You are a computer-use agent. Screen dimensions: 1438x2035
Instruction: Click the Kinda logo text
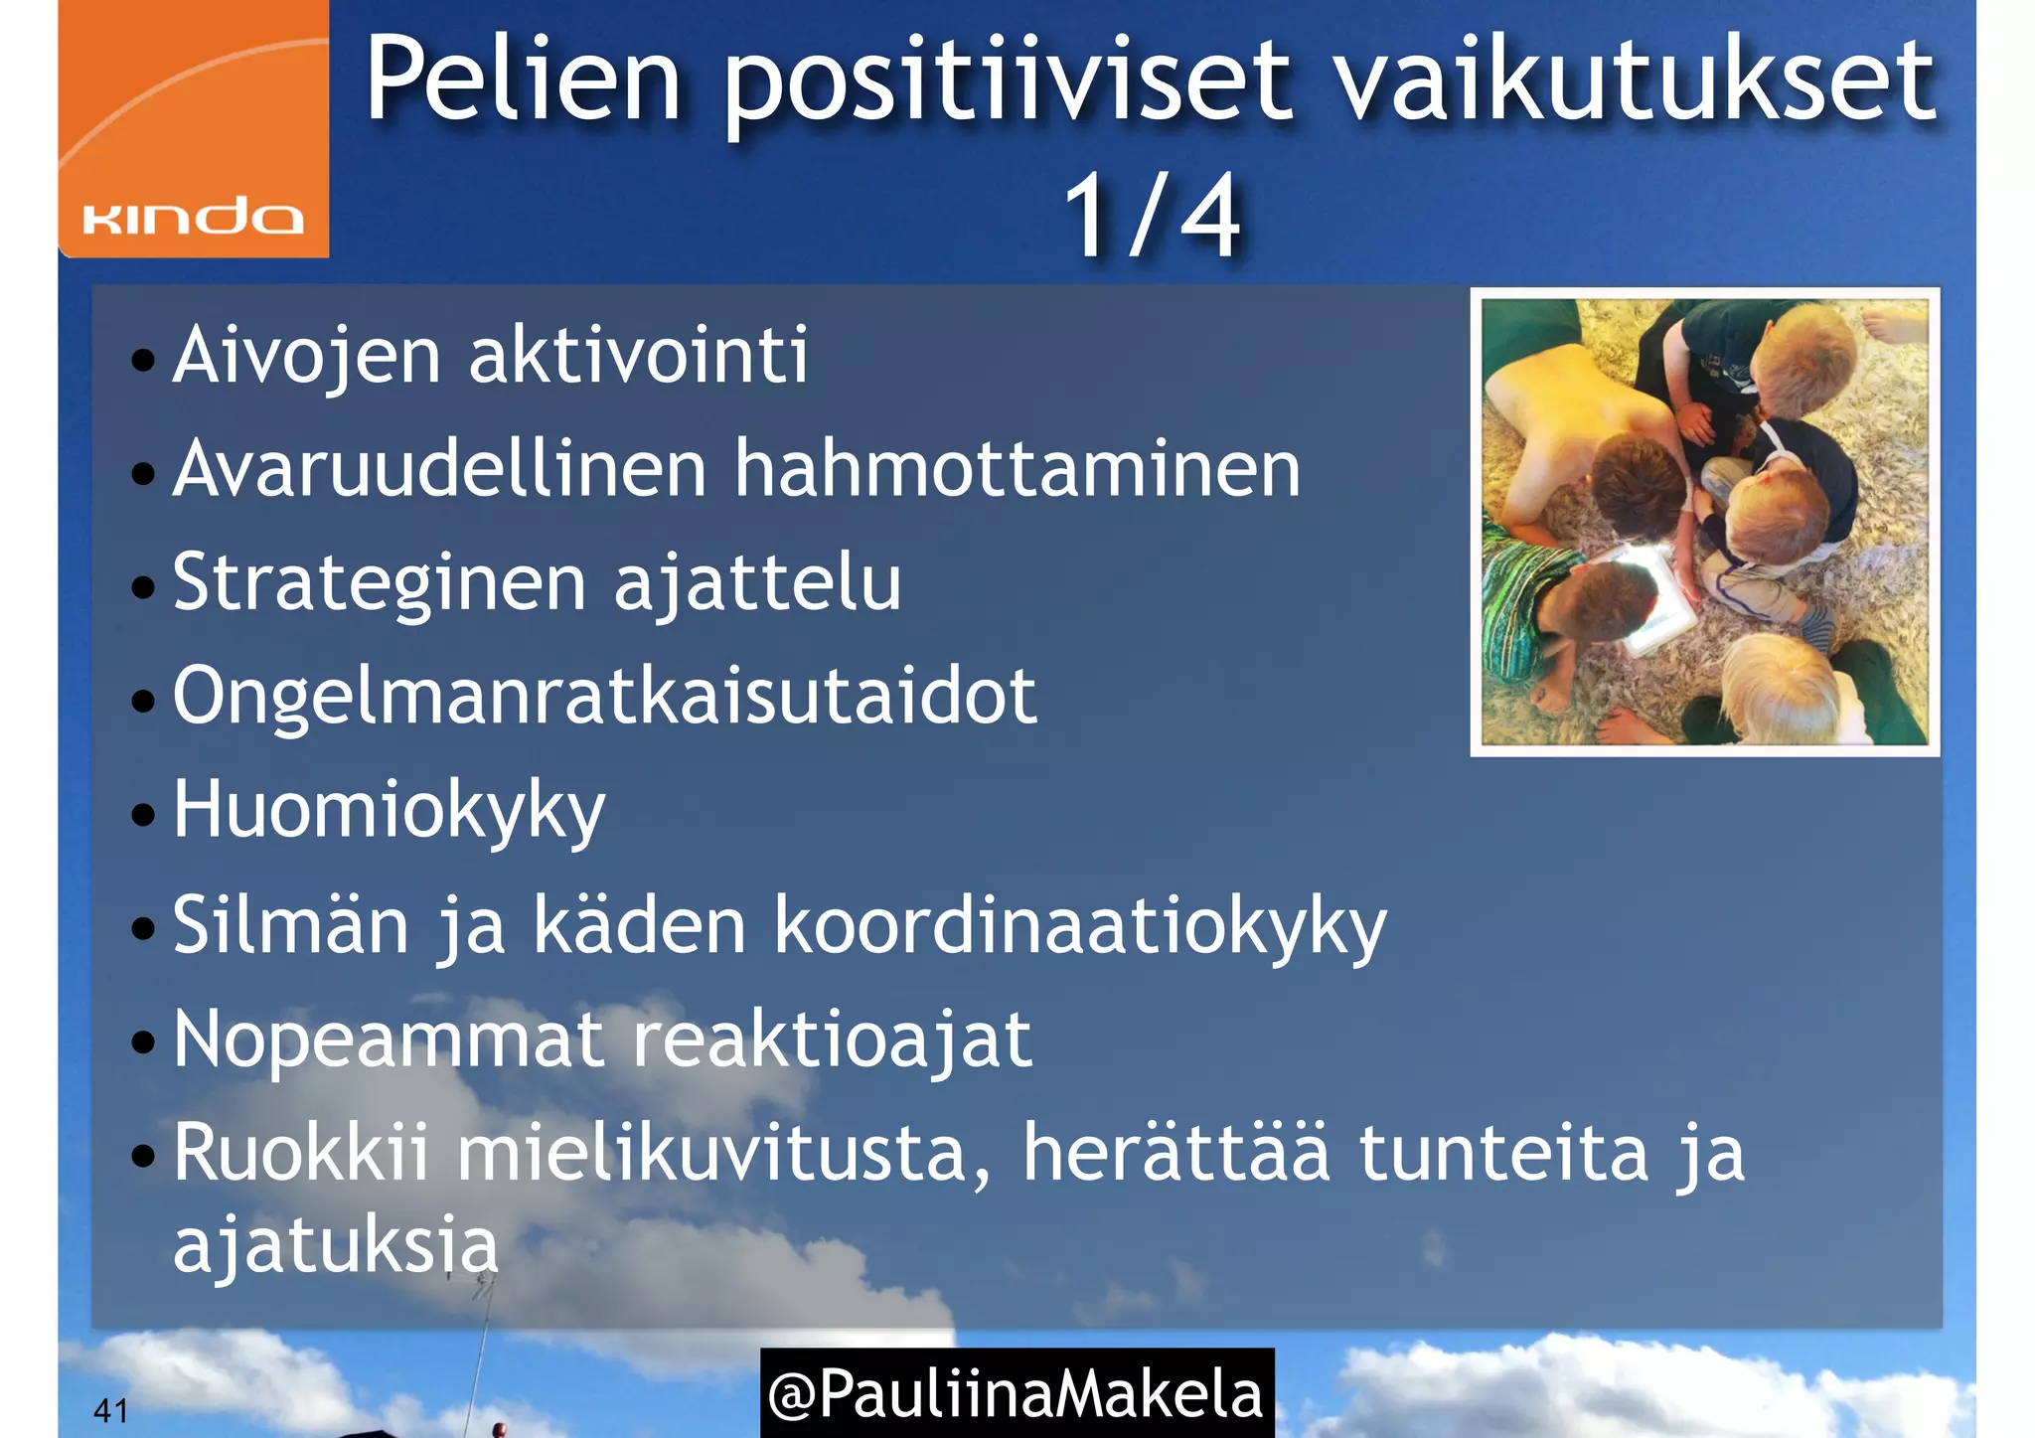point(193,217)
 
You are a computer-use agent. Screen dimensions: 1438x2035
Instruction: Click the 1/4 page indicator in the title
point(1152,215)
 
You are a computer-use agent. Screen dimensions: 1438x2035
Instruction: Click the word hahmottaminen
point(1017,469)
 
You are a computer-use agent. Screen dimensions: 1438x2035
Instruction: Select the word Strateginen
point(380,584)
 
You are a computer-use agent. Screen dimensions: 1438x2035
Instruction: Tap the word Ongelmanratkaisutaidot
point(604,698)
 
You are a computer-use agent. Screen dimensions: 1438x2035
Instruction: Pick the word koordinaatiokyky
point(1079,927)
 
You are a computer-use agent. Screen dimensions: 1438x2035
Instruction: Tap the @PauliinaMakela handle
point(1016,1393)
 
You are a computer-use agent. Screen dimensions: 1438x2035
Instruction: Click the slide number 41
point(110,1410)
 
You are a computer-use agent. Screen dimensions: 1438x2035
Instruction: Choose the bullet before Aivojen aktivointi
point(143,360)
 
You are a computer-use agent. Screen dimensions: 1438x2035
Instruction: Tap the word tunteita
point(1503,1153)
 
